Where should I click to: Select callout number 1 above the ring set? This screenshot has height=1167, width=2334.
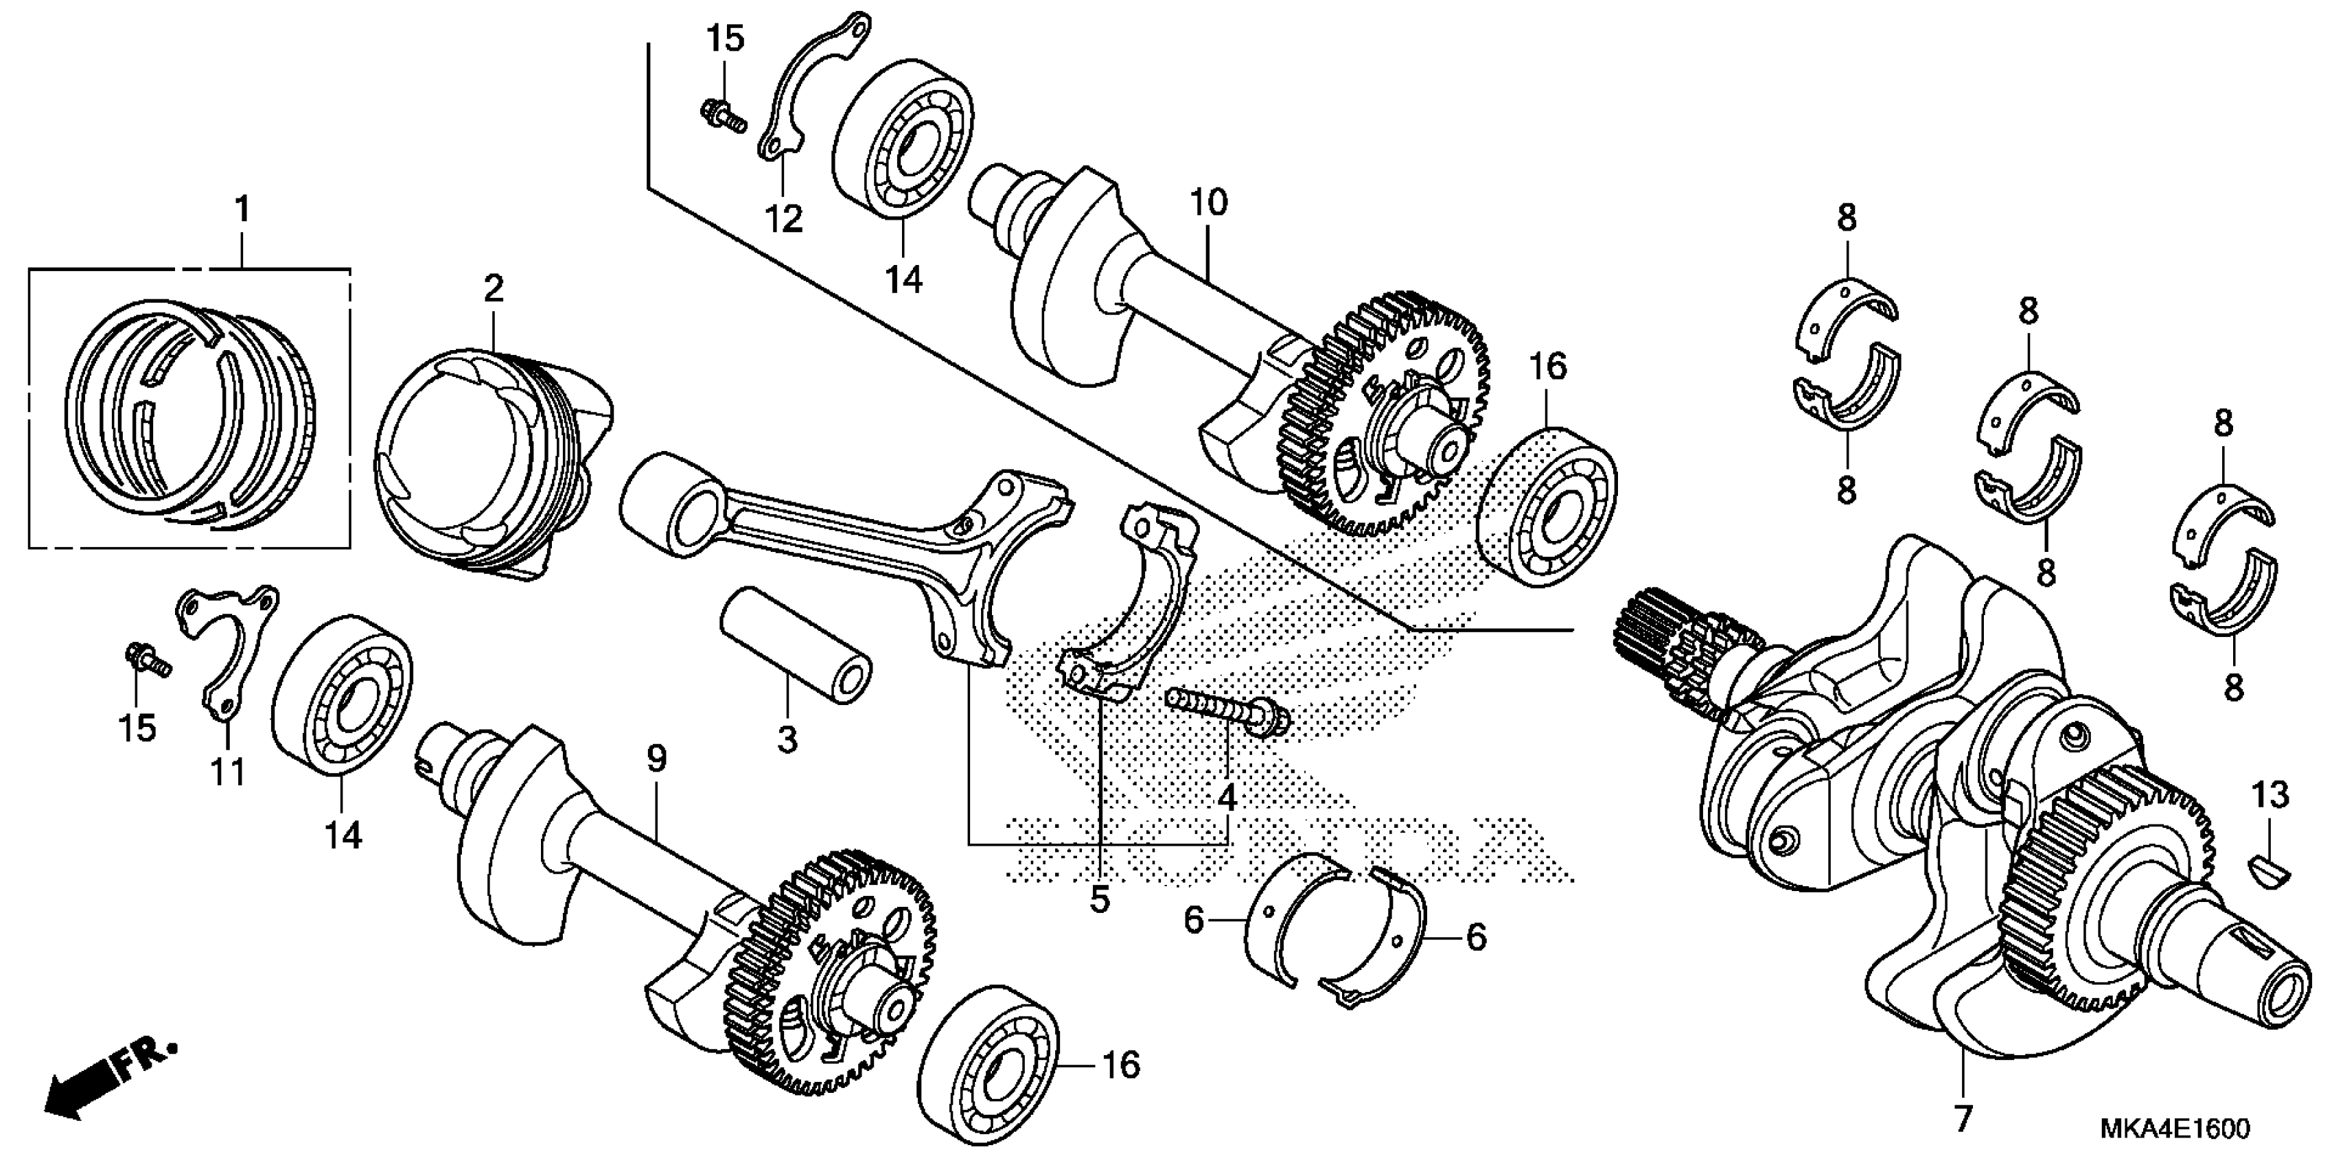241,210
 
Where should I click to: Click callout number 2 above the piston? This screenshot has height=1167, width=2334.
493,289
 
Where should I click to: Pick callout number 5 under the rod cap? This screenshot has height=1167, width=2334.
1099,900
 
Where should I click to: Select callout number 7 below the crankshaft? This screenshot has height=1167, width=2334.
1963,1119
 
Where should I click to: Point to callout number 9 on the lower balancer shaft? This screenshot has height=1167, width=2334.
656,759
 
